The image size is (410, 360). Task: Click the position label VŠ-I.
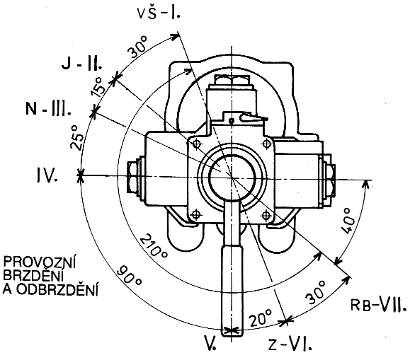coord(159,13)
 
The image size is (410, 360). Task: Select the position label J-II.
coord(82,63)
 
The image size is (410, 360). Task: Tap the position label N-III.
coord(48,108)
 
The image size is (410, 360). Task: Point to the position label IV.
coord(47,175)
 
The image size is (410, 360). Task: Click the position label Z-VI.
coord(290,345)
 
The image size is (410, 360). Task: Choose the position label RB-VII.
coord(379,304)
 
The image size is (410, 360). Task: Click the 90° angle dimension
coord(129,276)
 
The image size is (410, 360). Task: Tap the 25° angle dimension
coord(76,137)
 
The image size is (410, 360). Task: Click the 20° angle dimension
coord(260,318)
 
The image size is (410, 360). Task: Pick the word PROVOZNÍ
coord(39,262)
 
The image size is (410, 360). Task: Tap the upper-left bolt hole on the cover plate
coord(196,144)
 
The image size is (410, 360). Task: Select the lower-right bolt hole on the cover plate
coord(266,215)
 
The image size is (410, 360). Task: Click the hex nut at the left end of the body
coord(132,177)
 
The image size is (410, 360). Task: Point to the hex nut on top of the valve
coord(232,80)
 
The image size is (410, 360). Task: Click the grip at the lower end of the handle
coord(232,291)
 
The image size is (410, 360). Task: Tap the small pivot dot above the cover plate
coord(231,121)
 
